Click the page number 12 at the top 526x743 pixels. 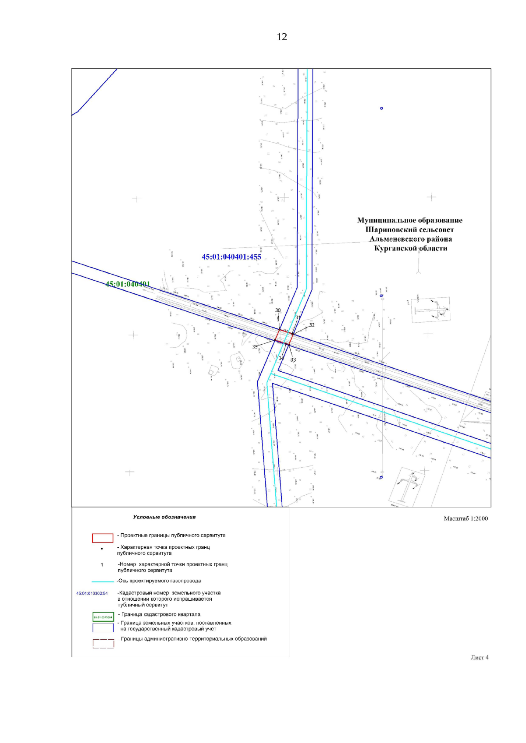click(281, 37)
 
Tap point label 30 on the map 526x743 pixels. click(278, 310)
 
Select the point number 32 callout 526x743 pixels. click(312, 325)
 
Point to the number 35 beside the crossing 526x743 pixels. click(255, 347)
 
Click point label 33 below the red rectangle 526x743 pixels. click(293, 360)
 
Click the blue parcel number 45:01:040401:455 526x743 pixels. click(231, 257)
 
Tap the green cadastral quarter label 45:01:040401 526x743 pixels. click(128, 284)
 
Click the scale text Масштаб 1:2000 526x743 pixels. click(466, 519)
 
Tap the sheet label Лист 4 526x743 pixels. click(480, 658)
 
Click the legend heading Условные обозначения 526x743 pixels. click(164, 517)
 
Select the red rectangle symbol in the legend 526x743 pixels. click(103, 538)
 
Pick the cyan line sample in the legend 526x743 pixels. click(103, 581)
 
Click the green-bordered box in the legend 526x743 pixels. click(103, 617)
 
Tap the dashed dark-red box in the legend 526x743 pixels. click(103, 643)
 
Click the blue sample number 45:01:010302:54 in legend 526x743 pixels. click(92, 594)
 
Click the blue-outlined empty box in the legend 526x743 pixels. click(103, 627)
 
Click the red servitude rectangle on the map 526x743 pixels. click(284, 337)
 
